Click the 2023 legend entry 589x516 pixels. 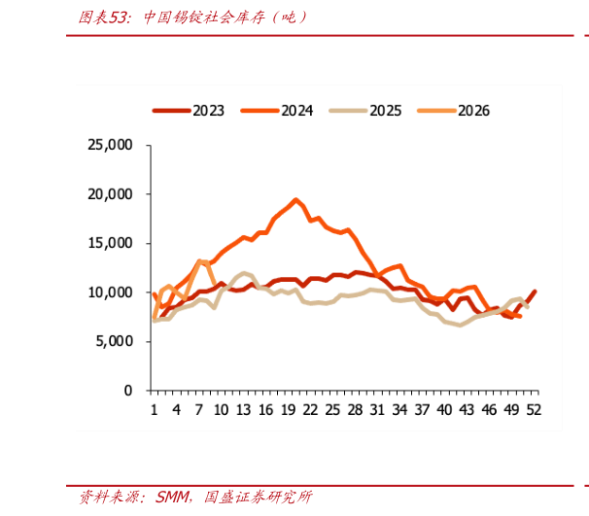(x=189, y=111)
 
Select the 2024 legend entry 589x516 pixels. (x=276, y=111)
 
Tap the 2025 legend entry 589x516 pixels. (x=365, y=111)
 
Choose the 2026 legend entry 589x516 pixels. (x=453, y=111)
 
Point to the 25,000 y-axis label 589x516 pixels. (x=110, y=145)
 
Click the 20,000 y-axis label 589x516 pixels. (x=110, y=194)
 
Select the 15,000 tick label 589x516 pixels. (x=110, y=243)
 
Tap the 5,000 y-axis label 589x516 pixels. (x=114, y=341)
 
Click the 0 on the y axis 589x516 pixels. (x=128, y=391)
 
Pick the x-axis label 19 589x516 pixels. (x=288, y=410)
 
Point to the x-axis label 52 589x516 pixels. (x=534, y=410)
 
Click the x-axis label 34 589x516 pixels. (x=399, y=410)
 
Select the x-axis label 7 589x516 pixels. (x=198, y=410)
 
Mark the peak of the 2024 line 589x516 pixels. (x=296, y=200)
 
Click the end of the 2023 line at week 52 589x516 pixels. (x=535, y=292)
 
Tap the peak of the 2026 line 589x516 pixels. (x=199, y=260)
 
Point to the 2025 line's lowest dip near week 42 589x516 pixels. (x=460, y=325)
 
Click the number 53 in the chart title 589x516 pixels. (x=117, y=17)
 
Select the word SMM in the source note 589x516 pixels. (x=173, y=497)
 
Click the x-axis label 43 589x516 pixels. (x=467, y=410)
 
